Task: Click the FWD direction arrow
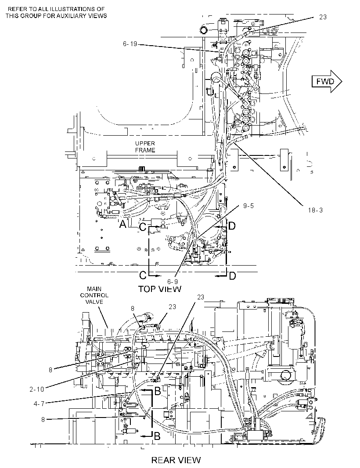(x=327, y=81)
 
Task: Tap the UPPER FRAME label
(x=145, y=147)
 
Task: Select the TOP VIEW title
(x=159, y=288)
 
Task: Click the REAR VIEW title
(x=176, y=460)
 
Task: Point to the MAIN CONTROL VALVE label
(x=94, y=295)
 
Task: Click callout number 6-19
(x=130, y=44)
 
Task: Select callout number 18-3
(x=315, y=210)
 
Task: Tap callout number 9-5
(x=248, y=205)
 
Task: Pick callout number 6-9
(x=172, y=281)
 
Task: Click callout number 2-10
(x=37, y=389)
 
